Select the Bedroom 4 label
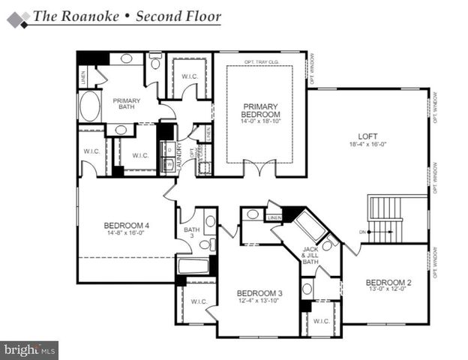pyautogui.click(x=126, y=225)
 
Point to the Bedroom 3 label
pyautogui.click(x=259, y=292)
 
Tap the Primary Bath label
pyautogui.click(x=127, y=104)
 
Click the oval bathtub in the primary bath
pyautogui.click(x=89, y=106)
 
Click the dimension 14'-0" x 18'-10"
pyautogui.click(x=259, y=121)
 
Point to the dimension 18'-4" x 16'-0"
pyautogui.click(x=366, y=144)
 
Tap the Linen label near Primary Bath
pyautogui.click(x=82, y=75)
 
